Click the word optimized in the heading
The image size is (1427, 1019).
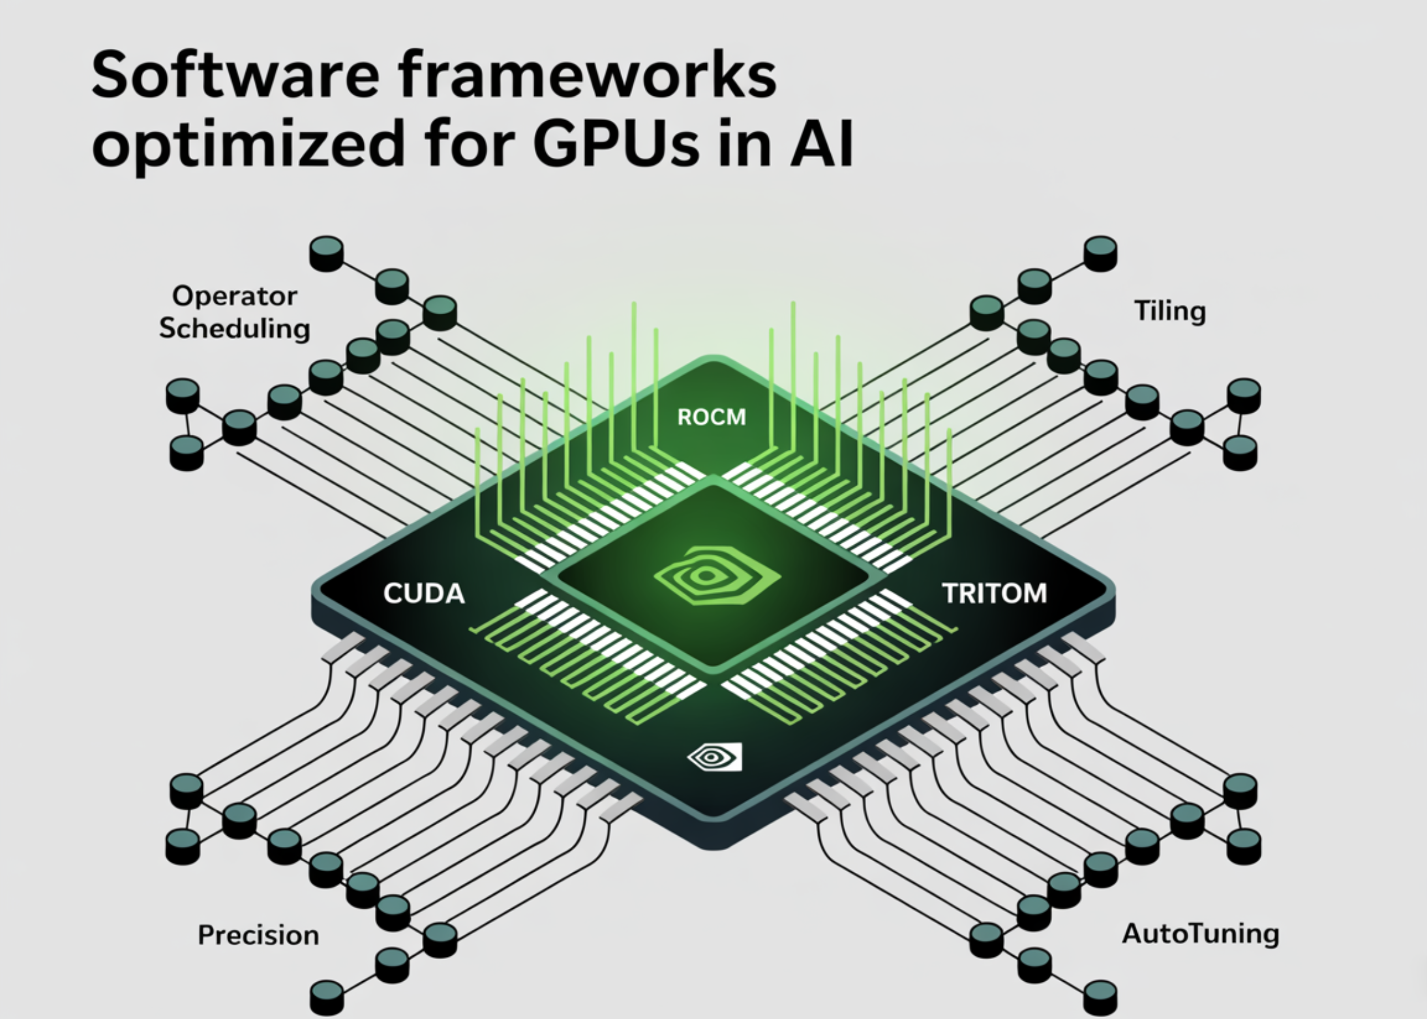click(x=248, y=145)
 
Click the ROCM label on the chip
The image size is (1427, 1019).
click(x=711, y=417)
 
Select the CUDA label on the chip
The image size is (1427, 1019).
click(x=424, y=594)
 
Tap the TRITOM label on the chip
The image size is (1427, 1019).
click(x=994, y=594)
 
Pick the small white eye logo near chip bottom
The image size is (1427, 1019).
click(x=715, y=757)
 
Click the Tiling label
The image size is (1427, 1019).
click(x=1170, y=311)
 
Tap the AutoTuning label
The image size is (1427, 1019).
click(x=1200, y=934)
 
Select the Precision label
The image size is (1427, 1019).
click(x=258, y=936)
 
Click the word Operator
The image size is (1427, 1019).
click(x=235, y=296)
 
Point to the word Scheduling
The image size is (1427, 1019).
click(x=235, y=328)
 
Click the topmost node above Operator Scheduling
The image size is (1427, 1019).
click(x=326, y=253)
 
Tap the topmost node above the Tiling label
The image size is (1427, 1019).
click(x=1100, y=253)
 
